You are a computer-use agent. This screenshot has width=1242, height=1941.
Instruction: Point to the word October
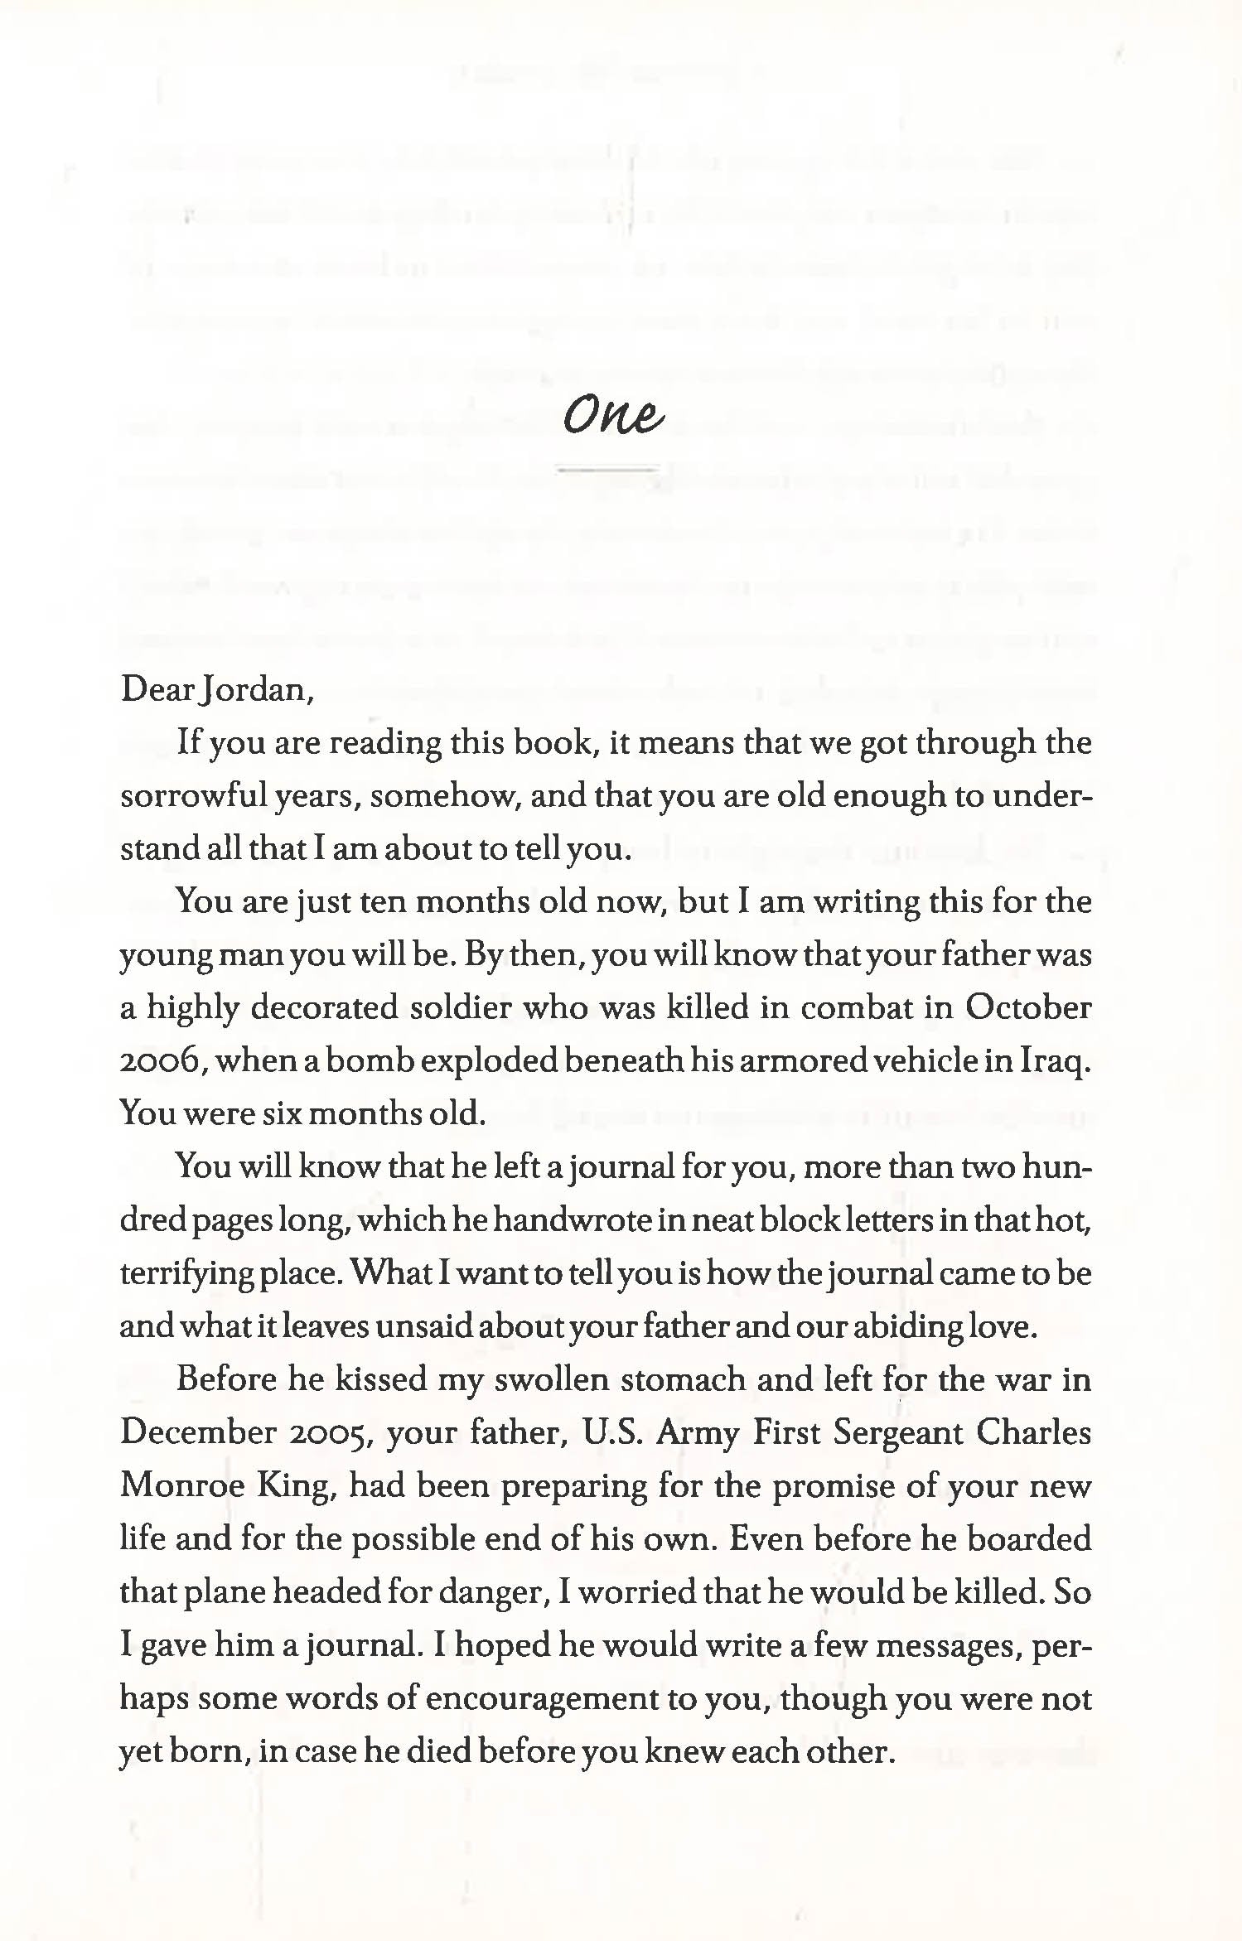point(1027,1007)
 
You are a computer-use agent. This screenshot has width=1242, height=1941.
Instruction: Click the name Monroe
point(182,1486)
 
